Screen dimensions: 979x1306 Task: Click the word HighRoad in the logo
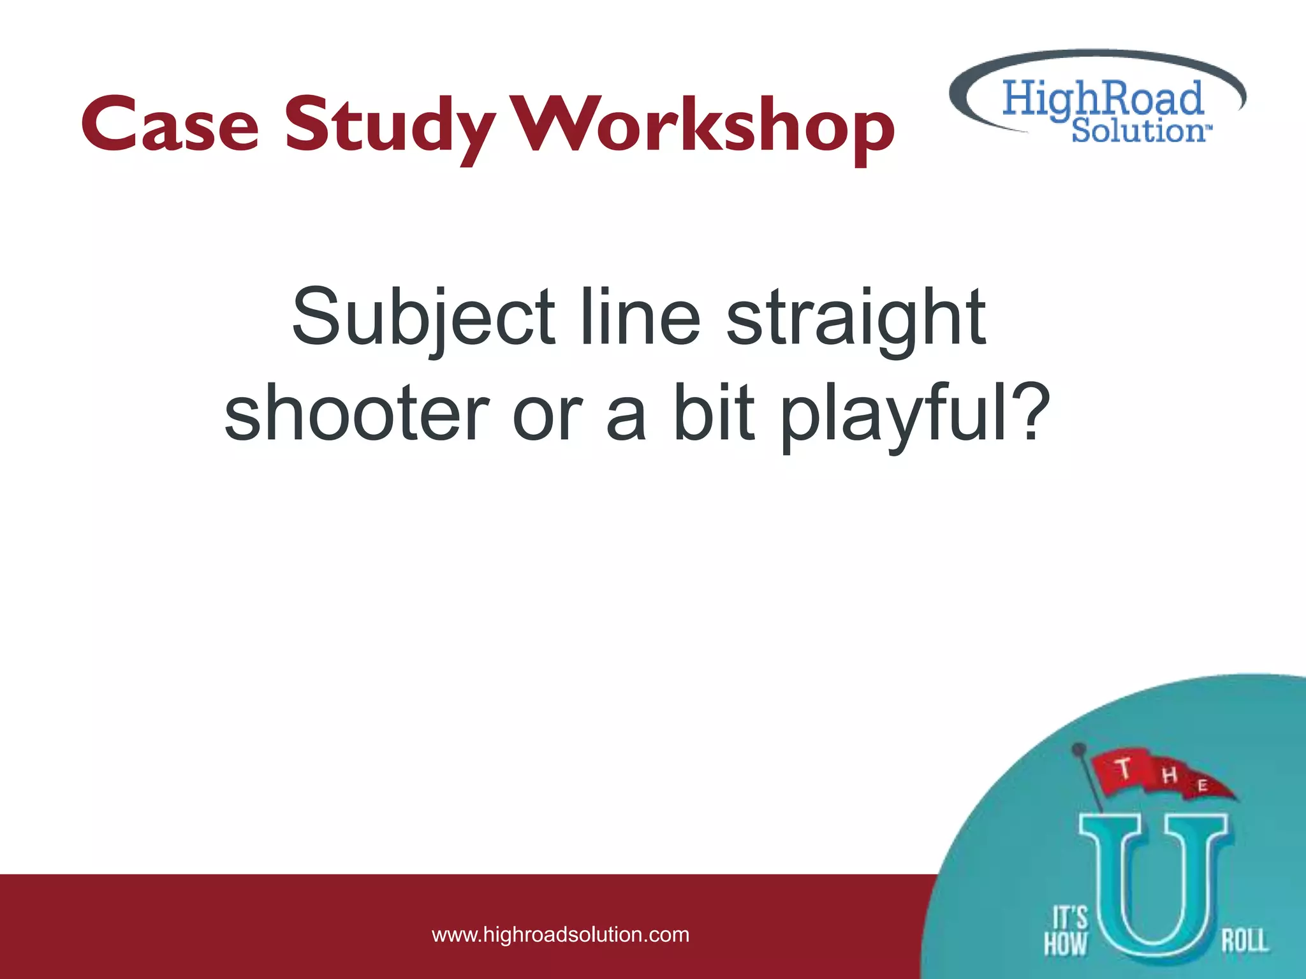coord(1102,99)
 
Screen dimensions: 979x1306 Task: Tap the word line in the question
coord(640,317)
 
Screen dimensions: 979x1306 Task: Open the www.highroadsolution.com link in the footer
coord(561,934)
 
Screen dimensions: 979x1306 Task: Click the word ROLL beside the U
coord(1244,941)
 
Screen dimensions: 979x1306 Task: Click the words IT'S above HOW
coord(1070,918)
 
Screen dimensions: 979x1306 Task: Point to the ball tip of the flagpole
coord(1078,748)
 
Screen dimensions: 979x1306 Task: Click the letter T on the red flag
coord(1124,768)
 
